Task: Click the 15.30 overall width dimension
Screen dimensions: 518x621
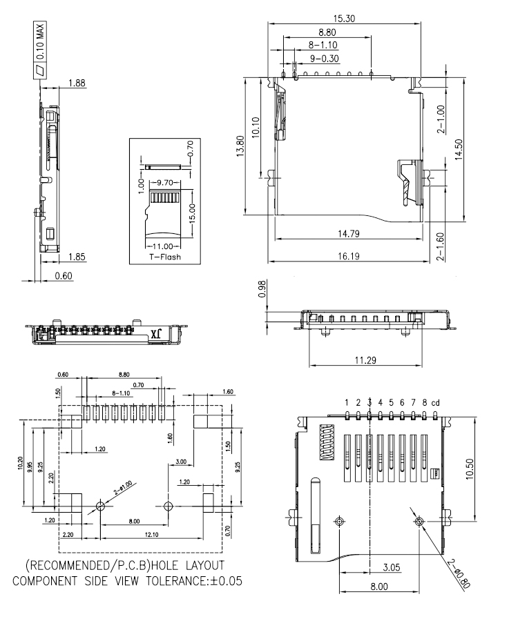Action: point(344,19)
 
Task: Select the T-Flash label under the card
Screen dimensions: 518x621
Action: point(165,257)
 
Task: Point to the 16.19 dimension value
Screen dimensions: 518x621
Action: point(349,256)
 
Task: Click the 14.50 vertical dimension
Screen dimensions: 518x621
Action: point(459,149)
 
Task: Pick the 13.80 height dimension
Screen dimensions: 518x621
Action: point(240,146)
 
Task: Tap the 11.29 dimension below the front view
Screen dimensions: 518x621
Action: point(365,360)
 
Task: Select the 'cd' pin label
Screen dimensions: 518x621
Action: point(436,403)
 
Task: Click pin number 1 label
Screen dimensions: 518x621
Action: point(347,403)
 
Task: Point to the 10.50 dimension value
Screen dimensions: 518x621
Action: point(470,469)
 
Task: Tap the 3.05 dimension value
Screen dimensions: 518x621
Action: point(392,567)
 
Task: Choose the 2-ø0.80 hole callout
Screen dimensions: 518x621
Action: point(459,573)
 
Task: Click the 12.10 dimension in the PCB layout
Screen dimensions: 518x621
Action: point(151,534)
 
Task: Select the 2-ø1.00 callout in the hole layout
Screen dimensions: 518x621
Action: point(123,488)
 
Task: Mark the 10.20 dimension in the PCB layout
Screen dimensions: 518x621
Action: point(20,463)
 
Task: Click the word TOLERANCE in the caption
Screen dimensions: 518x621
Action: point(178,581)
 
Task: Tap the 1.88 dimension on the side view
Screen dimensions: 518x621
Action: point(77,83)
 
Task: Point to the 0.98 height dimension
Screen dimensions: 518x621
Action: point(262,289)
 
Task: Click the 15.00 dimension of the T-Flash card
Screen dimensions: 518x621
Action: point(192,213)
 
